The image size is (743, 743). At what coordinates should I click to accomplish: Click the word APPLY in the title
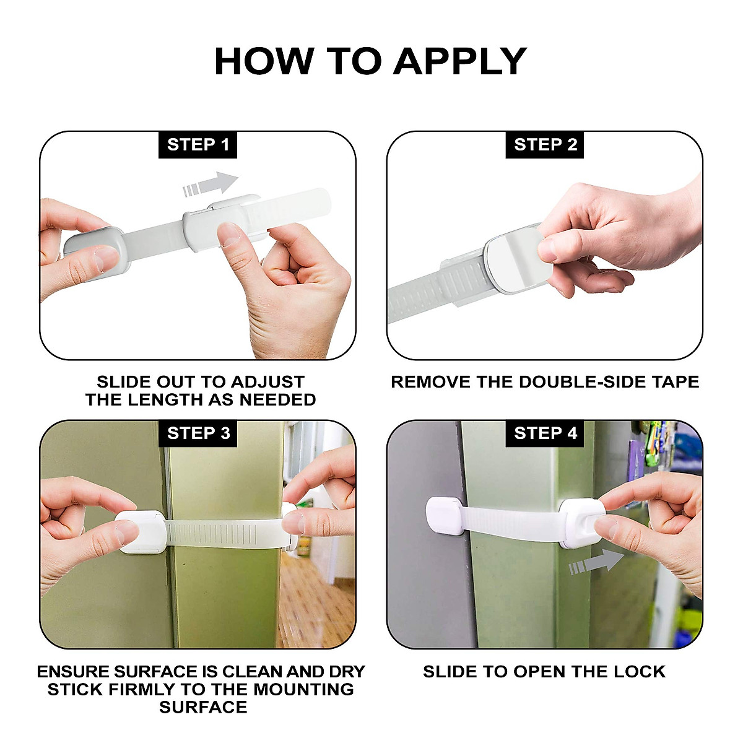[459, 61]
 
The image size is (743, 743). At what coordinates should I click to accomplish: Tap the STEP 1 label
[198, 145]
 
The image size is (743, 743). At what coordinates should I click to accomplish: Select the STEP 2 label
[545, 145]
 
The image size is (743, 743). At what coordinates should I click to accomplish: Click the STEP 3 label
[198, 433]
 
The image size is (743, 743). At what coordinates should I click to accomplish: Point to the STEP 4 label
[545, 433]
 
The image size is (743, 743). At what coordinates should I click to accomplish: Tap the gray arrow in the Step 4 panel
[597, 562]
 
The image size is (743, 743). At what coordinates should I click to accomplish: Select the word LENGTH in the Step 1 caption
[175, 400]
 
